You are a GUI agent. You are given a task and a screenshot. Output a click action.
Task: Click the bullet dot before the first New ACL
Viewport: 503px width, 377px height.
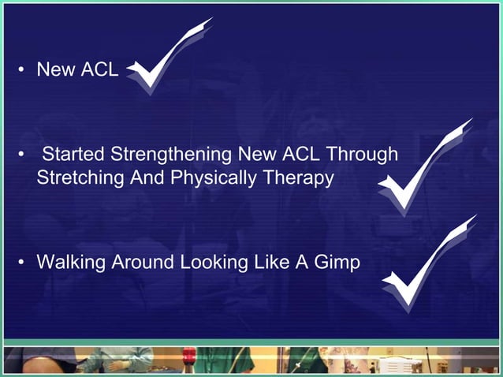pyautogui.click(x=23, y=70)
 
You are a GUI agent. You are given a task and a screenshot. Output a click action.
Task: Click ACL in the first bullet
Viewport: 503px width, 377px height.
pyautogui.click(x=99, y=70)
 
